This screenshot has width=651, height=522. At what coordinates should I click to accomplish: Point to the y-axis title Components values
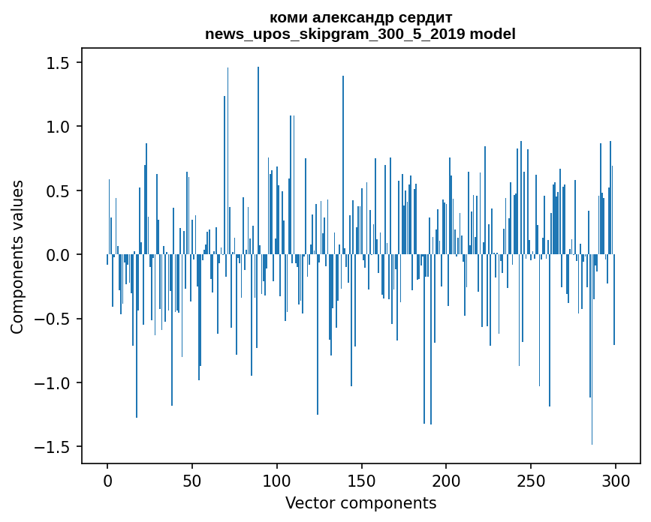point(17,256)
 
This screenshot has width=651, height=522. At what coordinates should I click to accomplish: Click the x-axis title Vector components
point(360,502)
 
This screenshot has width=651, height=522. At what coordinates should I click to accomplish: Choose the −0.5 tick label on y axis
point(55,319)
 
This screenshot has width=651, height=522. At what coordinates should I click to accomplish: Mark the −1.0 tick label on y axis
point(55,383)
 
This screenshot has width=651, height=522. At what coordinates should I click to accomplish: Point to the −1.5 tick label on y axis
point(55,447)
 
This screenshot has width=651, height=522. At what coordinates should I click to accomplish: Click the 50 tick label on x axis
point(192,480)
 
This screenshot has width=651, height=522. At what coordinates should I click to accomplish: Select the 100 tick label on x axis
point(277,480)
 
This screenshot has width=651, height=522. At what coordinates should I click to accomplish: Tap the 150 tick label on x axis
point(361,480)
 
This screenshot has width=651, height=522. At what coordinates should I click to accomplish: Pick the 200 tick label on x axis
point(446,480)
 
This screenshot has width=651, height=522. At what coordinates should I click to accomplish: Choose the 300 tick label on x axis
point(616,480)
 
